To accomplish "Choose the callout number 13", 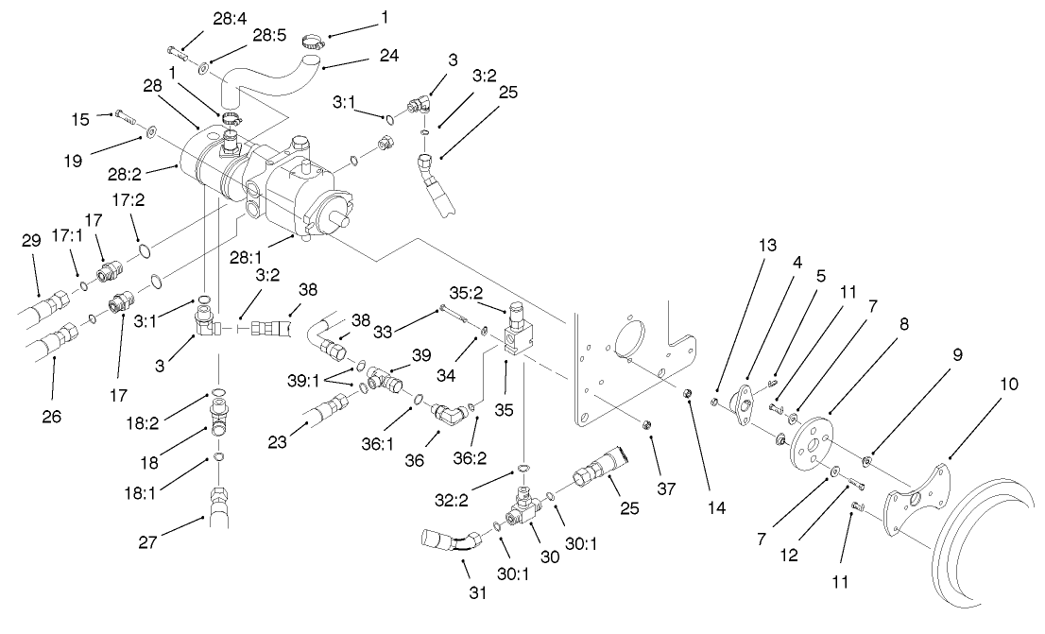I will pos(765,246).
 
